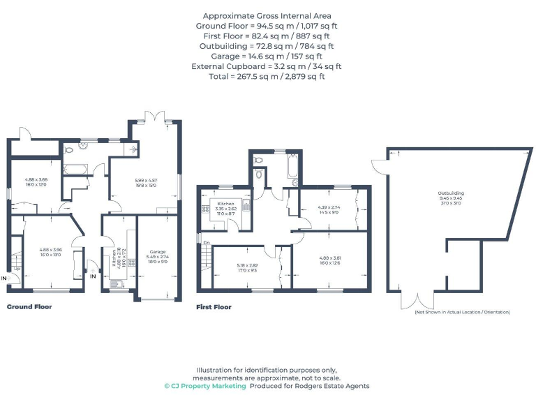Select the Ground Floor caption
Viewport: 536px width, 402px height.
click(x=29, y=306)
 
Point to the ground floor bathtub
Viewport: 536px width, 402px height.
click(x=74, y=168)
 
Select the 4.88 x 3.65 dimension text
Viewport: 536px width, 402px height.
click(x=36, y=180)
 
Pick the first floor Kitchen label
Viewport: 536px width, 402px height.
click(x=225, y=202)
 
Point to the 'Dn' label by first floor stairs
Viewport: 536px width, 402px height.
click(x=207, y=242)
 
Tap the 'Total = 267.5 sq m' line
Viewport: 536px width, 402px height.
click(x=267, y=76)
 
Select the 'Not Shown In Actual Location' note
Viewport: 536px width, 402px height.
click(x=462, y=312)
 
